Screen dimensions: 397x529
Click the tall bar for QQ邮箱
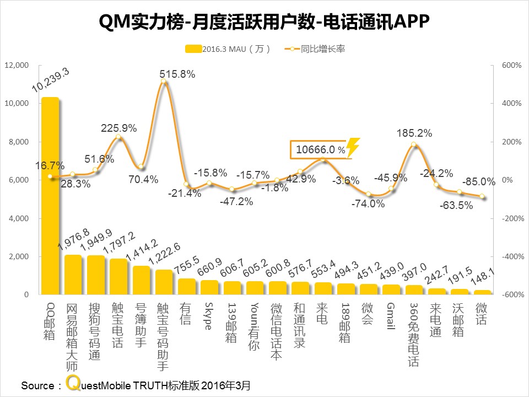tap(50, 196)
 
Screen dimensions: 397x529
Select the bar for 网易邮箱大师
tap(73, 275)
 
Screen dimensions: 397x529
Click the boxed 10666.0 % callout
tap(320, 149)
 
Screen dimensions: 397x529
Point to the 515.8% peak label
tap(177, 73)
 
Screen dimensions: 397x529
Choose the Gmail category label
tap(390, 316)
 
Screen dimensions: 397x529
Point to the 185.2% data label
tap(414, 133)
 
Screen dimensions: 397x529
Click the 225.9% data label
tap(118, 128)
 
